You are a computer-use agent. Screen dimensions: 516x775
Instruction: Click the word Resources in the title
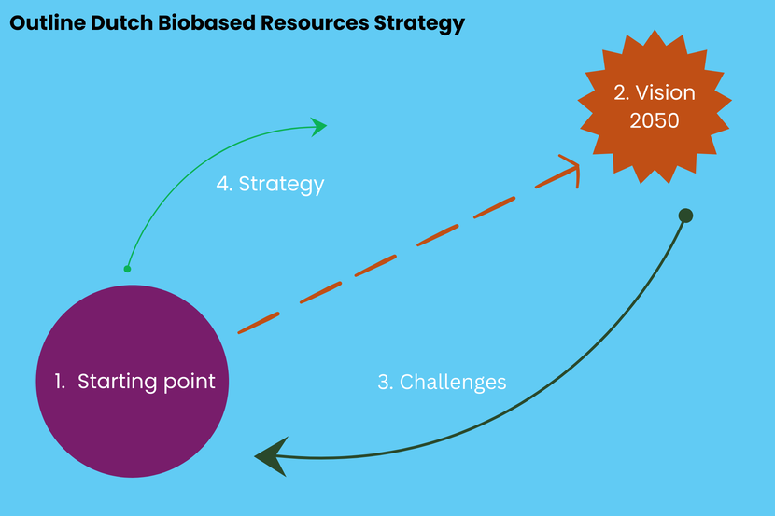pyautogui.click(x=313, y=24)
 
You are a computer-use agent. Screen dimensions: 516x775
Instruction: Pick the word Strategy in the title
pyautogui.click(x=418, y=24)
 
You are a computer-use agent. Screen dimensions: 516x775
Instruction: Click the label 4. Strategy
pyautogui.click(x=270, y=184)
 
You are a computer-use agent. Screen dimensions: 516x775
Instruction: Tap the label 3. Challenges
pyautogui.click(x=442, y=382)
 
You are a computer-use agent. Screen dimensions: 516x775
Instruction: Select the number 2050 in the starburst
pyautogui.click(x=654, y=120)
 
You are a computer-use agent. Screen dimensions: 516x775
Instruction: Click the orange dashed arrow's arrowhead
pyautogui.click(x=570, y=167)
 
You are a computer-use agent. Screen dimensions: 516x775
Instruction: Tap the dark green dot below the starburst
pyautogui.click(x=685, y=216)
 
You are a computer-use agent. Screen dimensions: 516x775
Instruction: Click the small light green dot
pyautogui.click(x=128, y=269)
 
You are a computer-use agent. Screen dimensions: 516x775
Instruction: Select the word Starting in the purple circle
pyautogui.click(x=117, y=382)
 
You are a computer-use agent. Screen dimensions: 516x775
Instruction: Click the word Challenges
pyautogui.click(x=453, y=382)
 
